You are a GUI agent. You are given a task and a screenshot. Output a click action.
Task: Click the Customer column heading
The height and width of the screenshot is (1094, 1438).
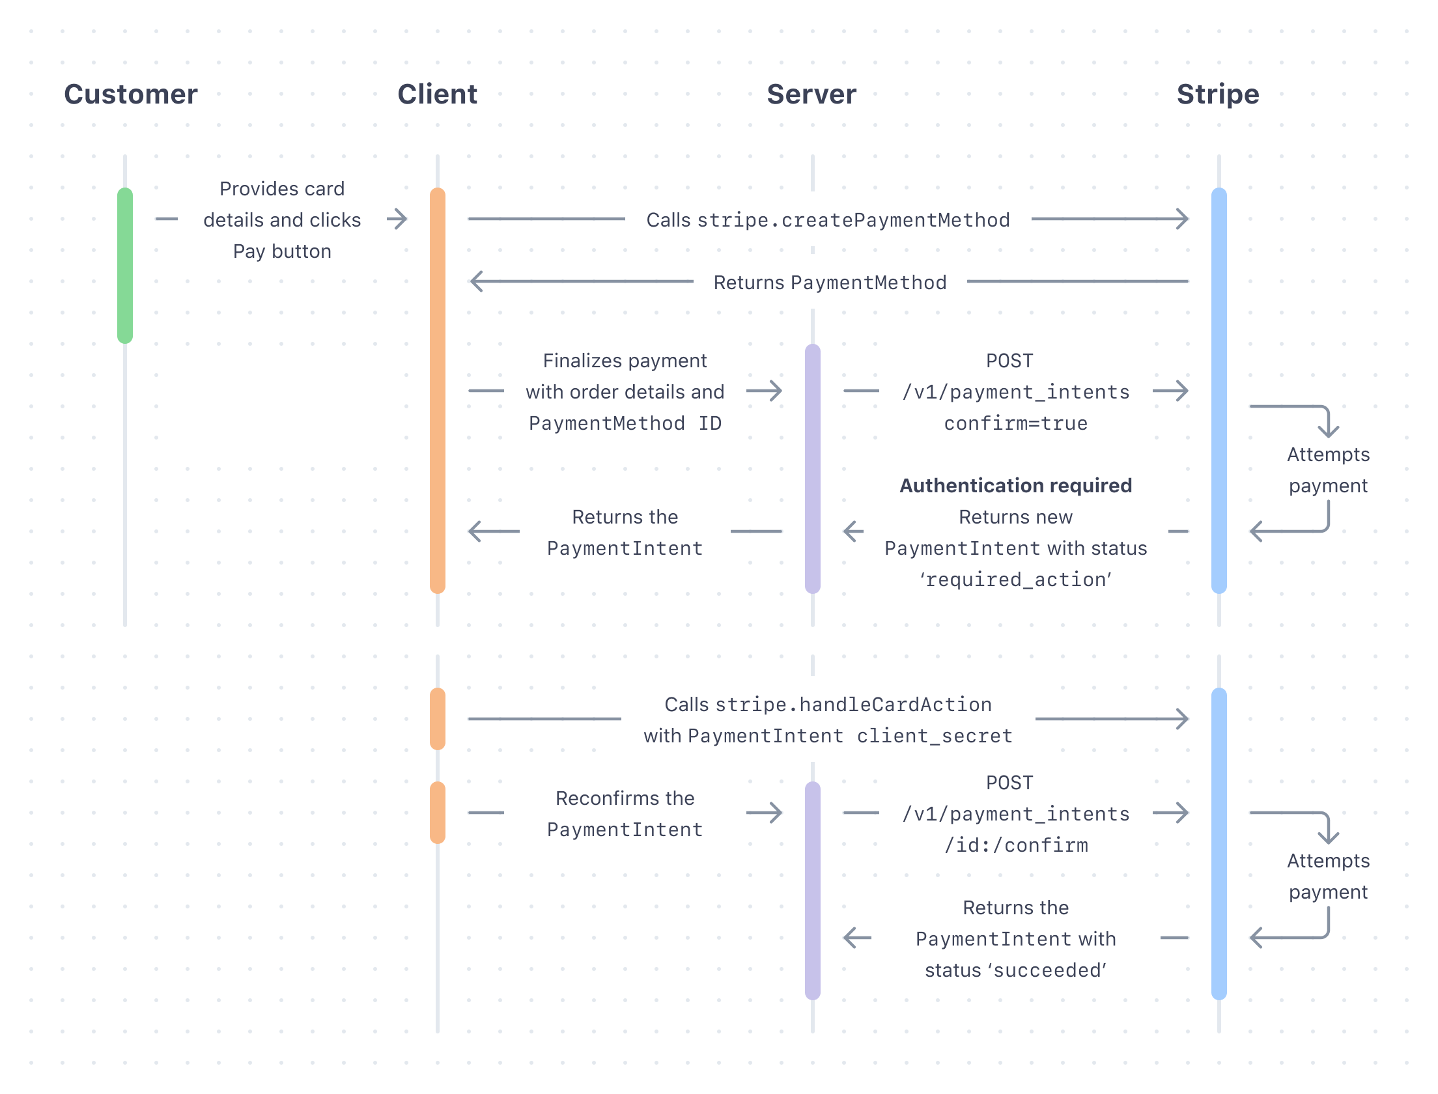(x=130, y=94)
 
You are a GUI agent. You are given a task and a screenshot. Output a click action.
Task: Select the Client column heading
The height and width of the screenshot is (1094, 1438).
(x=437, y=94)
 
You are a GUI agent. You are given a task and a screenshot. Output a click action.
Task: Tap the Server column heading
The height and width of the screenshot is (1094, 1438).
(x=811, y=94)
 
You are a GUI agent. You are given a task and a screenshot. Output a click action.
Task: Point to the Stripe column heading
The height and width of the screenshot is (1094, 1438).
(x=1217, y=94)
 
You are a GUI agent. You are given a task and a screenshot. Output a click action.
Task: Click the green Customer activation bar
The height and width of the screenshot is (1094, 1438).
(x=125, y=265)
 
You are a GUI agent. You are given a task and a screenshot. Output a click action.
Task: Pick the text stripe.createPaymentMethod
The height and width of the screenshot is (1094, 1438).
(x=853, y=220)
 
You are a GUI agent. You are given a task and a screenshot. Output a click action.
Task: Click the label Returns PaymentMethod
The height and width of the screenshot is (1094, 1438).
(x=830, y=283)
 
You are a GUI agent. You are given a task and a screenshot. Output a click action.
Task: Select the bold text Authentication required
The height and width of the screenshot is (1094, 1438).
(x=1015, y=486)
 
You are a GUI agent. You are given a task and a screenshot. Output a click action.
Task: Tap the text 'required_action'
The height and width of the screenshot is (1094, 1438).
(x=1015, y=580)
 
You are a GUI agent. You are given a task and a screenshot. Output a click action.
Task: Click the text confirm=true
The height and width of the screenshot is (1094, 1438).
(x=1015, y=423)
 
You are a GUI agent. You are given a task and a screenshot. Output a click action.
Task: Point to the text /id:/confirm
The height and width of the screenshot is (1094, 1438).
(x=1015, y=845)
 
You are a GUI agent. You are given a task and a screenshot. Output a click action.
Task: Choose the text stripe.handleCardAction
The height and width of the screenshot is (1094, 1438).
(x=853, y=705)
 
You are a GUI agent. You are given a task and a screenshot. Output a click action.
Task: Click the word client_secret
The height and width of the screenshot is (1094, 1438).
(x=935, y=736)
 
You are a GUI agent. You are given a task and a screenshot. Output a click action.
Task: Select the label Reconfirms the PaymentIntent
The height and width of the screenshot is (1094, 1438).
(x=625, y=814)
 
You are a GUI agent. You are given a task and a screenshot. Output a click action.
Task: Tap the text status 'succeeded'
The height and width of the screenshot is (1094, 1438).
(x=1015, y=970)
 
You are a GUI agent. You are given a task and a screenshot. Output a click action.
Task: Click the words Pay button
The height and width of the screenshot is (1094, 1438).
(x=282, y=251)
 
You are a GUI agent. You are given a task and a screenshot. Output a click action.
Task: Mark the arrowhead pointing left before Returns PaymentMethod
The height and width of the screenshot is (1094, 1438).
(x=477, y=281)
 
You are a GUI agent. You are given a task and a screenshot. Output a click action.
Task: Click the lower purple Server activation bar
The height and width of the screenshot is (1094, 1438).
(x=812, y=890)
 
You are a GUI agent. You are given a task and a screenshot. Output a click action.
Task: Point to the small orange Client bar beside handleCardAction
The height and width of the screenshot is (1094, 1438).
(x=438, y=719)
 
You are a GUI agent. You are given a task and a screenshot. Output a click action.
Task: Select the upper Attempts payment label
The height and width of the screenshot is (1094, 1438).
(x=1328, y=470)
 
